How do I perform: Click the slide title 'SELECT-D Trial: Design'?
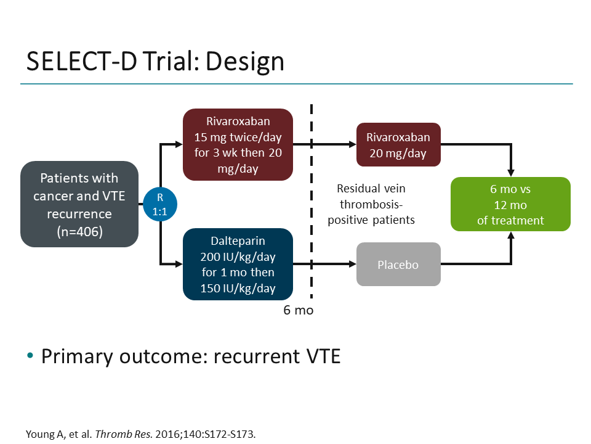click(x=155, y=62)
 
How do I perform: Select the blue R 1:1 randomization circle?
click(x=160, y=204)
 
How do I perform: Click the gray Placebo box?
click(x=398, y=265)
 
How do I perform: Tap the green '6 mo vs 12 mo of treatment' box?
click(x=510, y=204)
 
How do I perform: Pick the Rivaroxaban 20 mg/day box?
click(x=398, y=145)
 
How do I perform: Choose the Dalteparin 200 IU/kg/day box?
click(x=238, y=264)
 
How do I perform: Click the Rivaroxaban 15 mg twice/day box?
click(x=238, y=145)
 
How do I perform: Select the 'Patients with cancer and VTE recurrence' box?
click(x=79, y=204)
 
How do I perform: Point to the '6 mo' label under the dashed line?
click(x=298, y=310)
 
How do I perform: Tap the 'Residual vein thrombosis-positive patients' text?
click(x=371, y=204)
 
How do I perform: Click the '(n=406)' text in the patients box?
click(x=79, y=231)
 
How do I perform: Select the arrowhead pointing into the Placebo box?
click(x=352, y=265)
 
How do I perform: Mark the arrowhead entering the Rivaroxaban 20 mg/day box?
click(x=352, y=145)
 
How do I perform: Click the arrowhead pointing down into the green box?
click(x=510, y=172)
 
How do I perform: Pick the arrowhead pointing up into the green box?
click(x=510, y=236)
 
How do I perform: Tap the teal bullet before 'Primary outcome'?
click(x=30, y=357)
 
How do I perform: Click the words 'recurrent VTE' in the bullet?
click(x=277, y=356)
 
